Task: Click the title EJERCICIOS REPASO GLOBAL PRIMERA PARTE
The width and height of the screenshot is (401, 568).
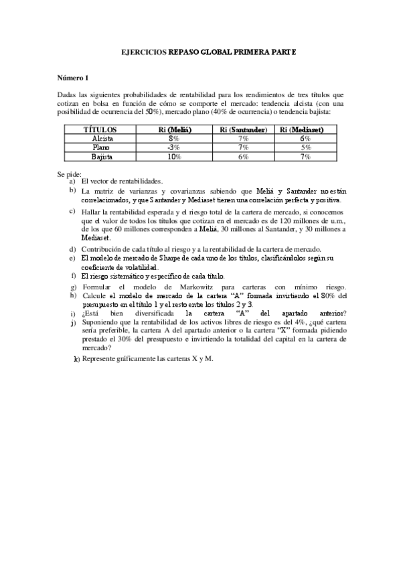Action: point(202,51)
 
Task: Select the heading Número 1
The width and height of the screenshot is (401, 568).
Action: point(72,78)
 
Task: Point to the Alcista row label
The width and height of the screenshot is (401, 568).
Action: point(102,138)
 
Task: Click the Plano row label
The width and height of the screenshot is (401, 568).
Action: point(102,147)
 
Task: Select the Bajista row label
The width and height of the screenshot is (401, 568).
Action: point(102,156)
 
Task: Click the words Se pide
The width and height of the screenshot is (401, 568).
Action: point(69,174)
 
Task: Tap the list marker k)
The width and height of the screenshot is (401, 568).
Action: point(76,360)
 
